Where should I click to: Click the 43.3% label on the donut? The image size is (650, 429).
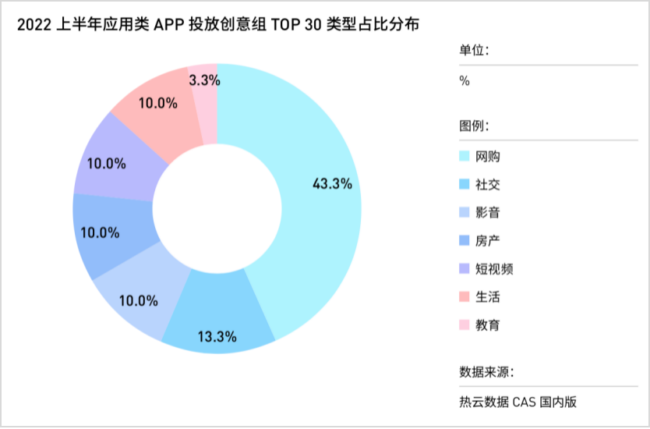[x=332, y=184]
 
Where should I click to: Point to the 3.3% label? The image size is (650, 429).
[x=205, y=80]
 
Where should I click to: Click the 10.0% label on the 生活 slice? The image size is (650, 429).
[x=158, y=103]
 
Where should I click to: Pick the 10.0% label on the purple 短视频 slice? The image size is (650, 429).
[x=108, y=164]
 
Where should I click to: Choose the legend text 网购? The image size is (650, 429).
[x=488, y=157]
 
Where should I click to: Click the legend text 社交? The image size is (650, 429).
[x=488, y=185]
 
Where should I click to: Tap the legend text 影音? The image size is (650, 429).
[x=488, y=213]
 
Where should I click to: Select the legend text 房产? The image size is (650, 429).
[x=488, y=241]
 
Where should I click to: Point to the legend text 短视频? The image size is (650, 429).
[x=494, y=269]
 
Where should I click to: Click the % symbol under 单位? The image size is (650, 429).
[x=465, y=81]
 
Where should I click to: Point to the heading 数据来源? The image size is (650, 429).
[x=487, y=371]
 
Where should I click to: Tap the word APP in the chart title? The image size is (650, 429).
[x=169, y=24]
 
